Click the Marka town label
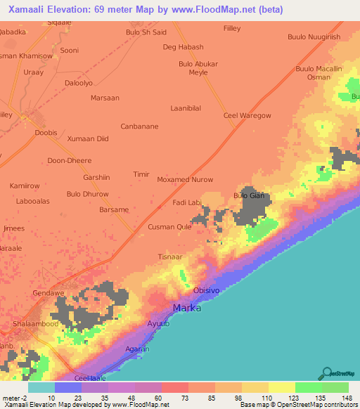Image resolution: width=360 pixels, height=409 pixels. [187, 309]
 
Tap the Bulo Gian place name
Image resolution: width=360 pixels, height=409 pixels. [248, 196]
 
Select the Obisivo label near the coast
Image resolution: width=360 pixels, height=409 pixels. [207, 290]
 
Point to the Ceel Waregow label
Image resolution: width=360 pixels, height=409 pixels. [247, 115]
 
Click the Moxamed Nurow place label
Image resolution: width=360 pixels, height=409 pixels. [185, 180]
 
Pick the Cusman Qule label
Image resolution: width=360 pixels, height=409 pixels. [169, 227]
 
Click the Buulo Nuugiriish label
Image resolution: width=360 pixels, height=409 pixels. [314, 37]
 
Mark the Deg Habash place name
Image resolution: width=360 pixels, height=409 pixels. [183, 47]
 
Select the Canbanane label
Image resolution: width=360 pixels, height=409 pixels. [139, 126]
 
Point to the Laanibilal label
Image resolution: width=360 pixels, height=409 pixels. [186, 108]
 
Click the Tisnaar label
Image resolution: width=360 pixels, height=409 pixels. [171, 257]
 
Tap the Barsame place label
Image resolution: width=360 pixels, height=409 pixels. [114, 209]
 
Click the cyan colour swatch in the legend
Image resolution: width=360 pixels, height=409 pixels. [41, 387]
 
